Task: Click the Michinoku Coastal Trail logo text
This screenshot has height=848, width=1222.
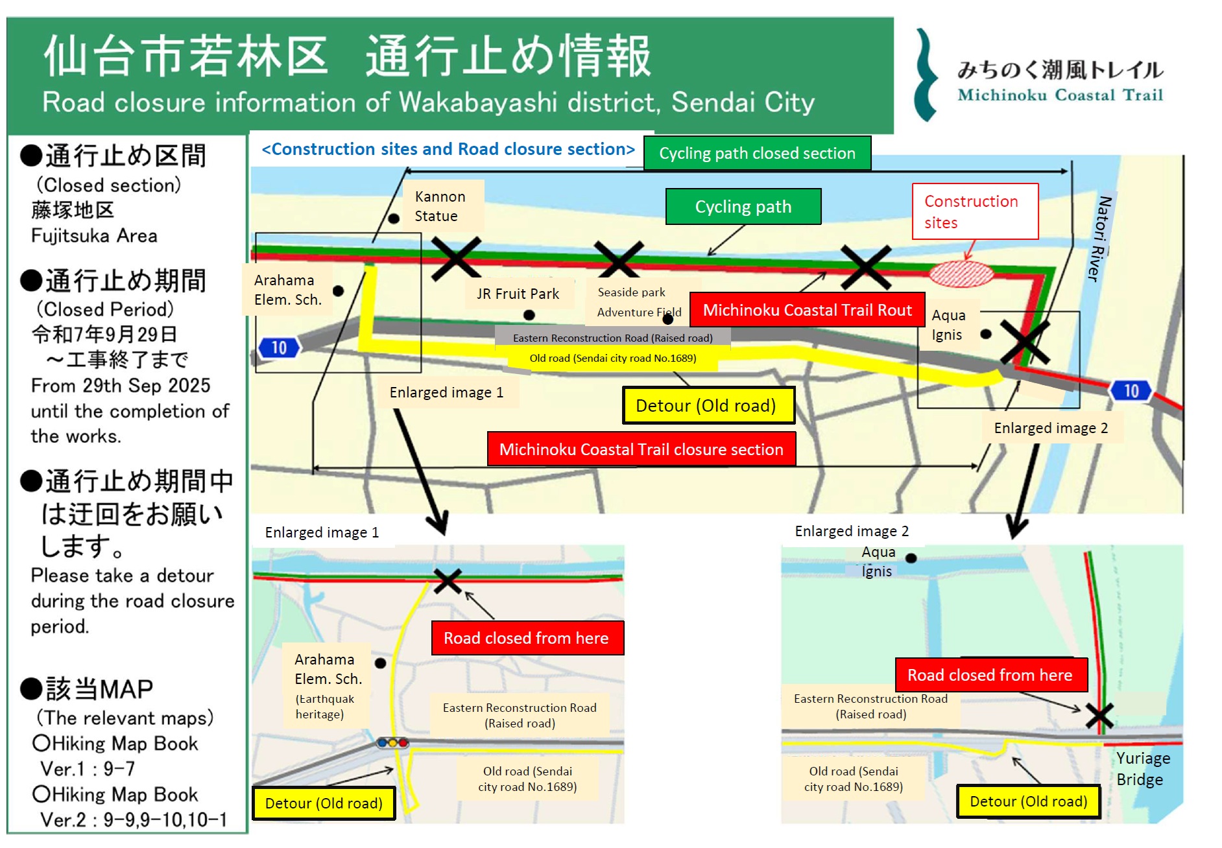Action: click(1060, 81)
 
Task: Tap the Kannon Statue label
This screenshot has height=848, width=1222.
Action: click(439, 206)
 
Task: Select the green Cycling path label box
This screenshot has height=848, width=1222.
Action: click(743, 207)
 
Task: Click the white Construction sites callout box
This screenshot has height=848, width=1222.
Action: click(975, 211)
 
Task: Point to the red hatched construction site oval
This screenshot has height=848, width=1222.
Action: click(961, 274)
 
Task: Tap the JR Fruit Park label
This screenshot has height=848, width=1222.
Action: click(518, 294)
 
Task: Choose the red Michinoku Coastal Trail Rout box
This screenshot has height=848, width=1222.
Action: click(807, 310)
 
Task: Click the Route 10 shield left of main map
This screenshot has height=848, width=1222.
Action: click(279, 348)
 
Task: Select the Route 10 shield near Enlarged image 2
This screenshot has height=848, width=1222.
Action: click(1131, 391)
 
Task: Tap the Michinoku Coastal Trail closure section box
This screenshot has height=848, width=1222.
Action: click(641, 449)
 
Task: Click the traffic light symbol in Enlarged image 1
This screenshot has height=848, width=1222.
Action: click(392, 742)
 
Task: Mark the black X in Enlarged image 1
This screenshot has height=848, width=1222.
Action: click(448, 581)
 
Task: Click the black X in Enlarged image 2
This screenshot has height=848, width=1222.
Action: click(1099, 716)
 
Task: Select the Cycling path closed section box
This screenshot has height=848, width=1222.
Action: click(757, 153)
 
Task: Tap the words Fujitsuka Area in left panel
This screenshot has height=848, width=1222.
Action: click(94, 236)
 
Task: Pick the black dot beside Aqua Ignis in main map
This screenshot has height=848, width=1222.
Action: click(986, 334)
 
